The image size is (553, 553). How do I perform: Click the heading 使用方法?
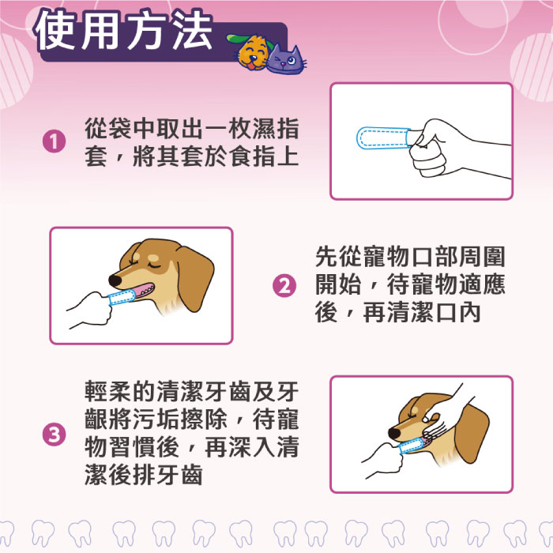(x=123, y=30)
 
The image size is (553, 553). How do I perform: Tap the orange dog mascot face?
(x=253, y=52)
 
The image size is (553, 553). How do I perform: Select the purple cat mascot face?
(x=286, y=59)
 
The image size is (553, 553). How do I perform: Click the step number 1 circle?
(x=54, y=141)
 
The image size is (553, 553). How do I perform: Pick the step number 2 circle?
(x=284, y=286)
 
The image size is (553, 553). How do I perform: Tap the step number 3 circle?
(x=54, y=434)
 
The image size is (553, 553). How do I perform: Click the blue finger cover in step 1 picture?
(x=382, y=138)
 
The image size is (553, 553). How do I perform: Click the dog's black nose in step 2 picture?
(x=115, y=280)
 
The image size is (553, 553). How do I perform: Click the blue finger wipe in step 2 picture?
(x=122, y=297)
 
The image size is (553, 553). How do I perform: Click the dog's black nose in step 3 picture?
(x=394, y=434)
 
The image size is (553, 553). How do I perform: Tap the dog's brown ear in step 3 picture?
(x=472, y=433)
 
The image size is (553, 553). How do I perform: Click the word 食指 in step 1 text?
(x=253, y=156)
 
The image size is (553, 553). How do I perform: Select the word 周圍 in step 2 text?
(x=482, y=257)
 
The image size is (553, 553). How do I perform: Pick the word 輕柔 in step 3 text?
(x=108, y=391)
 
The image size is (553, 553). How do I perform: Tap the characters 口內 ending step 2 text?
(x=458, y=313)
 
